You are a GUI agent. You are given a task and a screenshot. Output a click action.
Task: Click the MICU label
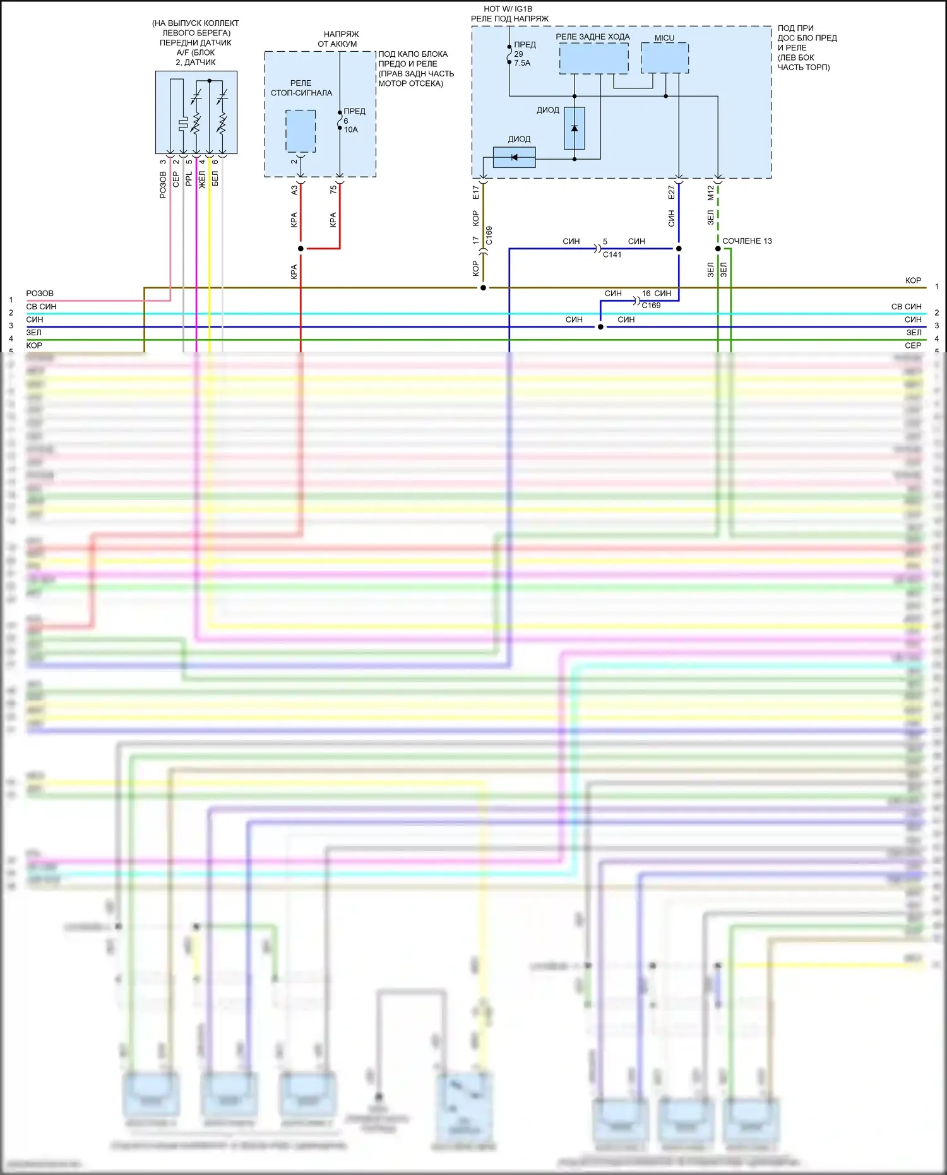[664, 38]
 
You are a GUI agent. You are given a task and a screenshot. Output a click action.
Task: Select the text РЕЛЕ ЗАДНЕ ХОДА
[592, 37]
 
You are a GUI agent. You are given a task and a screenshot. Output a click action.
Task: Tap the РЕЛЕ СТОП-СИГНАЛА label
[301, 88]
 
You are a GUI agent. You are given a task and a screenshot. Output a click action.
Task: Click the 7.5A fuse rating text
[522, 63]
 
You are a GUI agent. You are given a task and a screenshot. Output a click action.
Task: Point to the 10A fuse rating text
[350, 129]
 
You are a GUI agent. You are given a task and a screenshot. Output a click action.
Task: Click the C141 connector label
[612, 254]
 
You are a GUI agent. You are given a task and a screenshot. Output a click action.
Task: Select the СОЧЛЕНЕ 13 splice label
[747, 241]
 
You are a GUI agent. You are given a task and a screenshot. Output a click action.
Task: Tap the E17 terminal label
[475, 193]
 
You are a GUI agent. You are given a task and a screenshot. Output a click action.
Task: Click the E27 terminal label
[671, 193]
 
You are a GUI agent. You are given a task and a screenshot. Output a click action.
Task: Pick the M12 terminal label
[710, 193]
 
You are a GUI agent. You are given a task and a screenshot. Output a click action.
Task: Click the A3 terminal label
[294, 189]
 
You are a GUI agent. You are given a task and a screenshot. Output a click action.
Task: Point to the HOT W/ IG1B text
[508, 9]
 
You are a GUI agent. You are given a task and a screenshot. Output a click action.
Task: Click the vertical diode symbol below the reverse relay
[574, 128]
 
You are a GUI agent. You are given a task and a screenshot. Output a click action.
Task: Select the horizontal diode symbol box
[514, 157]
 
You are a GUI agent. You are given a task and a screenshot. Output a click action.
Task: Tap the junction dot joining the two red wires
[301, 249]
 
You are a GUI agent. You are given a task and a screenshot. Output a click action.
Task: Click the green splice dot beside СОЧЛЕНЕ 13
[718, 249]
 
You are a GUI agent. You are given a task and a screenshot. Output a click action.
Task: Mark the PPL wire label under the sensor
[189, 179]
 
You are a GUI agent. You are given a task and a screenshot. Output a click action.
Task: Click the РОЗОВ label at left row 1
[40, 294]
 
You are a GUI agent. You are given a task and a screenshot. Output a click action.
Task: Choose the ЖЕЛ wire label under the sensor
[202, 179]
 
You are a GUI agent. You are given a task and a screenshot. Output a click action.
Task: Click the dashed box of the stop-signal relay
[301, 131]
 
